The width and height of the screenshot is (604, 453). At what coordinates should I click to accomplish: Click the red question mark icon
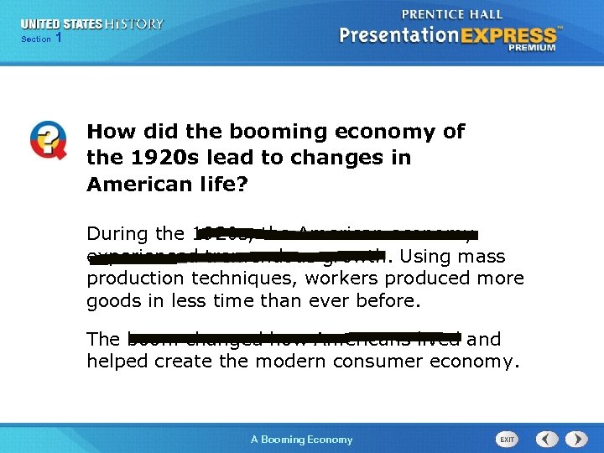tap(49, 139)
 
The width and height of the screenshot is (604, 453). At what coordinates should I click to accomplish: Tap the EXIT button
tap(508, 439)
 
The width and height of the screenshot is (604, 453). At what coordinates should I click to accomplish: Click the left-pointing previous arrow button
tap(547, 439)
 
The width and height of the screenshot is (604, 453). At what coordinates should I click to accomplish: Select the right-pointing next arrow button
tap(576, 439)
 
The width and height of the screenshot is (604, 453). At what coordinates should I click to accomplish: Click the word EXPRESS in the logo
tap(511, 35)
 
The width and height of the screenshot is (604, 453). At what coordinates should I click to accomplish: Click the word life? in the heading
tap(223, 185)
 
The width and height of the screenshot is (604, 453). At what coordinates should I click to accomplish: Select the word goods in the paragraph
tap(112, 300)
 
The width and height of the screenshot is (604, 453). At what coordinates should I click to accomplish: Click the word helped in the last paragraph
tap(116, 362)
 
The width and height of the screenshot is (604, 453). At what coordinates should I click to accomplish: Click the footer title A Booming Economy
tap(302, 440)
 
